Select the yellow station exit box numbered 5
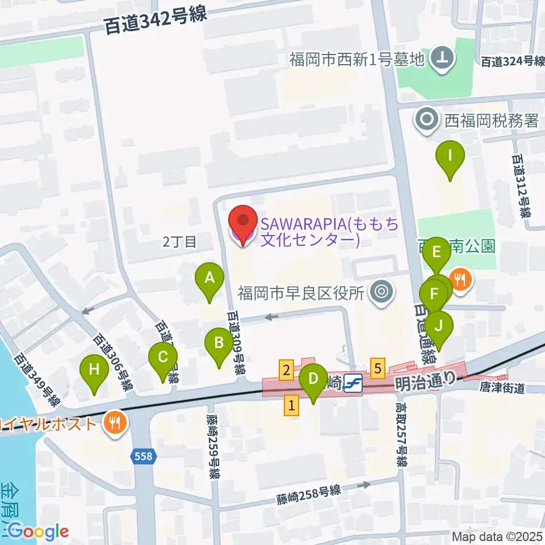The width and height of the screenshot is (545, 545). point(379,367)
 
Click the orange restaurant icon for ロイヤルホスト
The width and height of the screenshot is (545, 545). point(116,423)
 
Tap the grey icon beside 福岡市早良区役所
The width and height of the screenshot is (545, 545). point(380,293)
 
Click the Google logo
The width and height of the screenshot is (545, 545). point(38,531)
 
